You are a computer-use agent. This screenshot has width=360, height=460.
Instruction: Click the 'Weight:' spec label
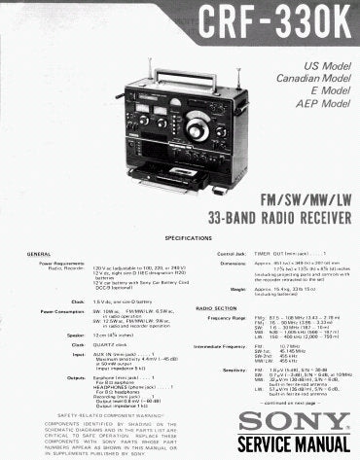coord(237,288)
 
